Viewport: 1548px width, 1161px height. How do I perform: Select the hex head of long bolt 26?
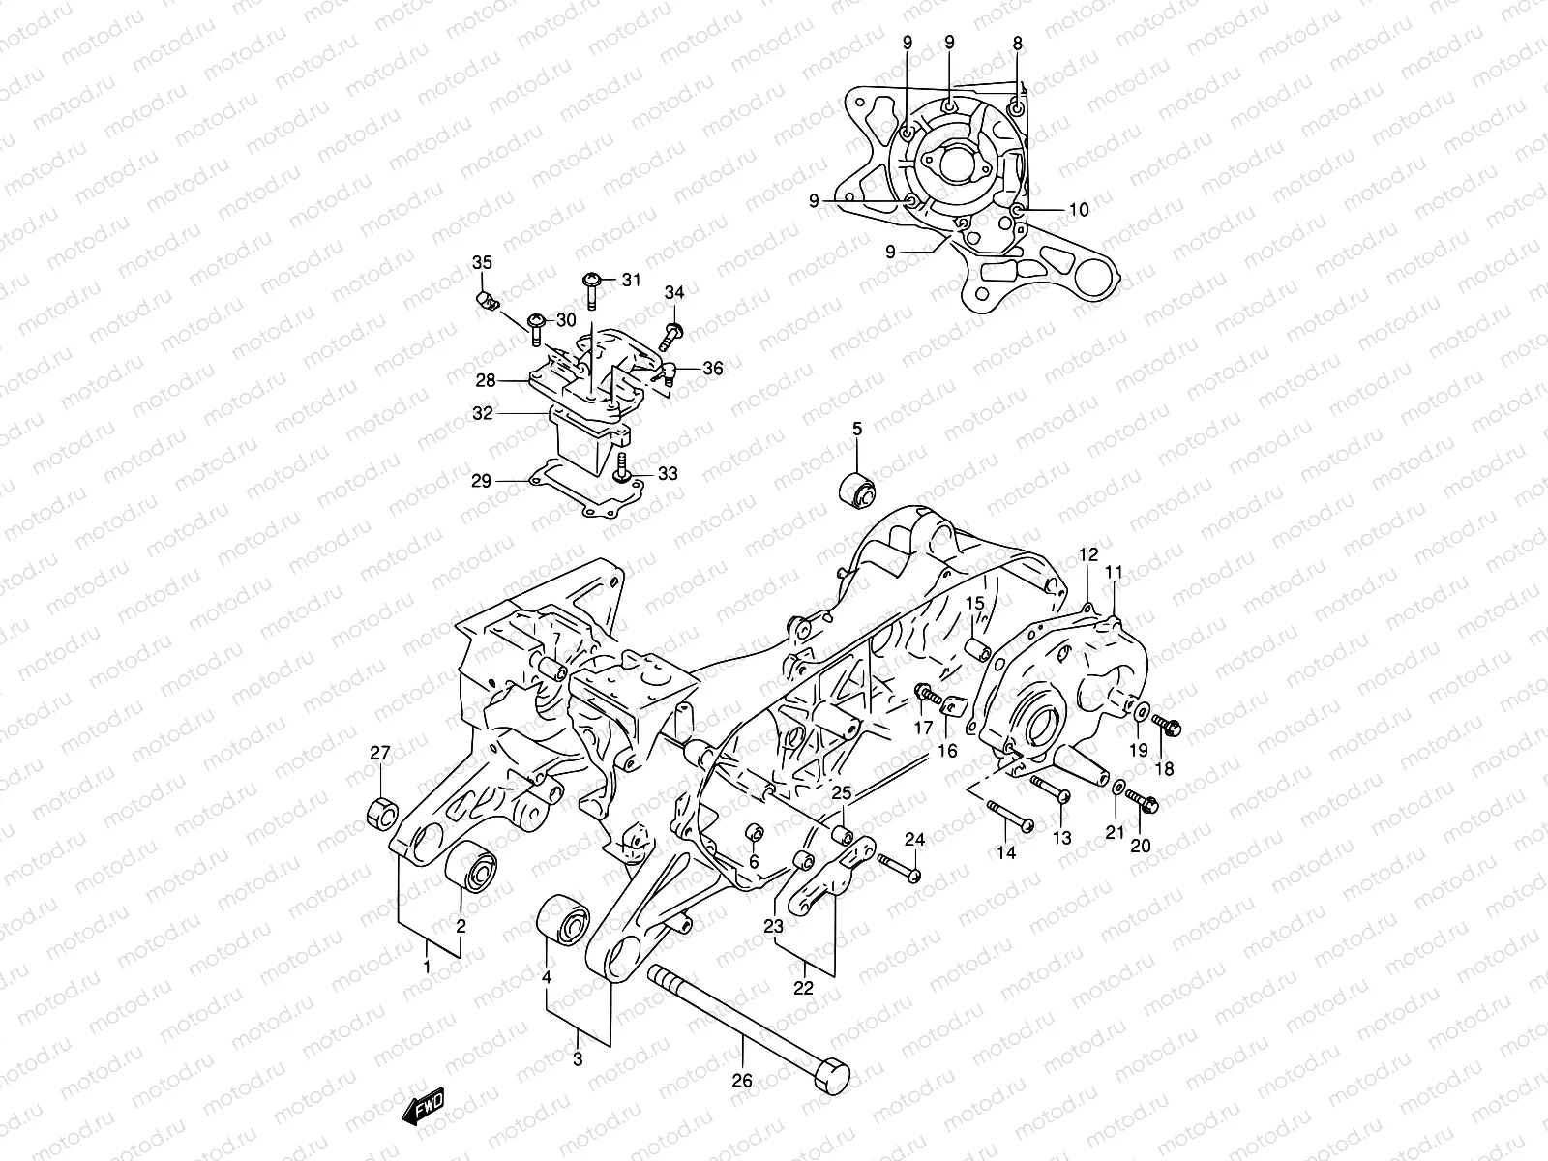point(833,1074)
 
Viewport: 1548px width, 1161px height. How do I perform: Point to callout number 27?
point(380,754)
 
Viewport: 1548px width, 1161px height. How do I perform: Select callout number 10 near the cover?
point(1079,209)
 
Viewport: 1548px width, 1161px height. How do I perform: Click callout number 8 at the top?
point(1017,43)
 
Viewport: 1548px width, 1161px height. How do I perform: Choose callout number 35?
point(482,264)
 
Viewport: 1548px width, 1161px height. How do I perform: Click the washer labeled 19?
point(1142,713)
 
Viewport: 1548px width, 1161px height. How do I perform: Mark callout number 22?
point(803,989)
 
